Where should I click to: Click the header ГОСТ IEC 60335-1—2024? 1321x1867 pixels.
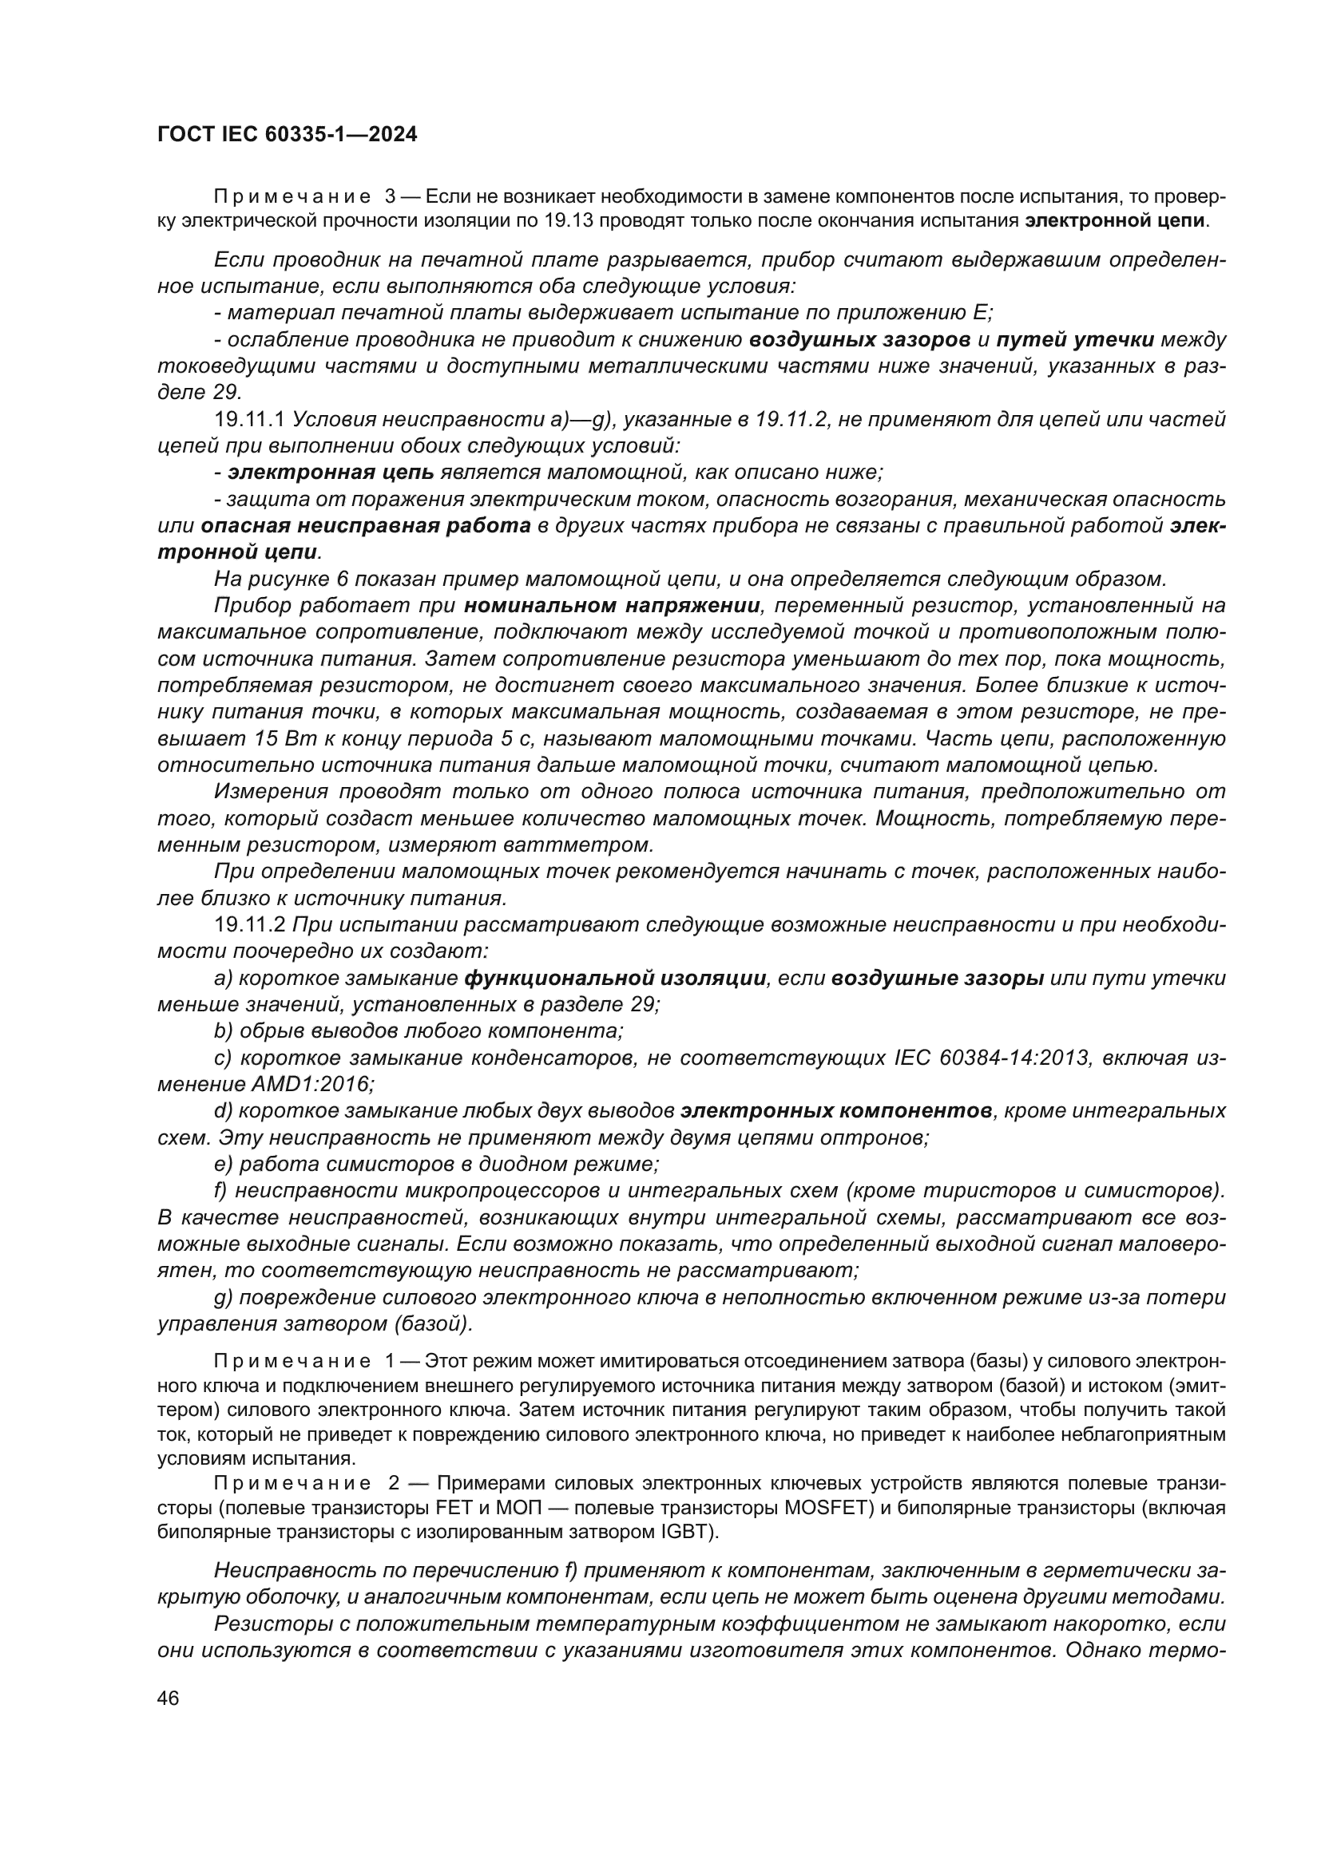(288, 135)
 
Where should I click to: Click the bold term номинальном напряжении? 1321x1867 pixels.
(613, 606)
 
